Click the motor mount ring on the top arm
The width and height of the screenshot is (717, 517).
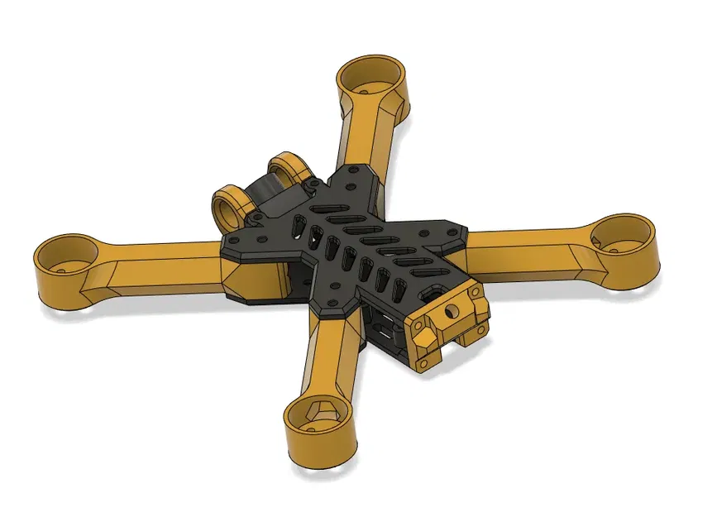[x=373, y=79]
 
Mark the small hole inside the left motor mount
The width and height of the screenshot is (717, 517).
[x=62, y=269]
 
